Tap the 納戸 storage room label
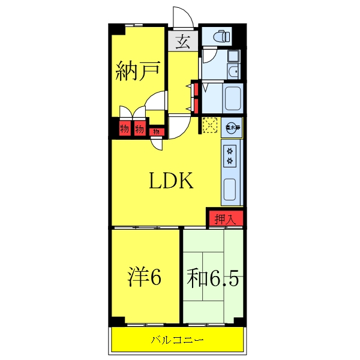(137, 73)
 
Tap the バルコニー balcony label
(178, 340)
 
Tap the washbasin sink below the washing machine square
(234, 73)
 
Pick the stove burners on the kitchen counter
(231, 156)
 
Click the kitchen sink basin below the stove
(231, 190)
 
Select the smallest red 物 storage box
(156, 131)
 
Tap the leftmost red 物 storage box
(125, 128)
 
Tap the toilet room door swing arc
(208, 58)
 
